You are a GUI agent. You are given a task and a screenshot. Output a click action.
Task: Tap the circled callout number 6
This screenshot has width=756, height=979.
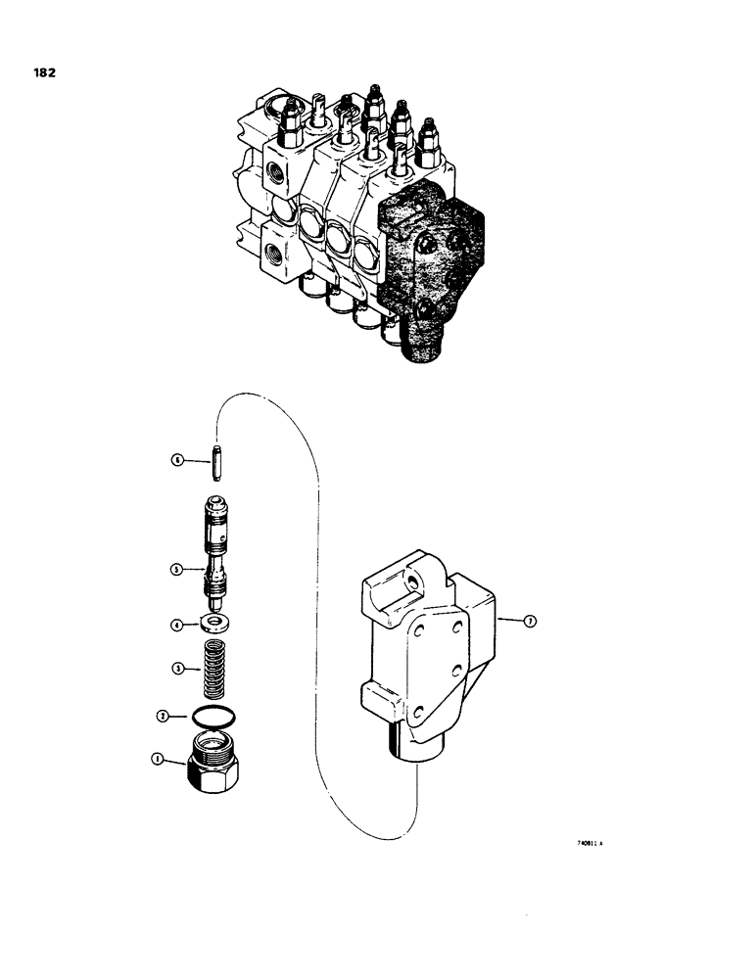[176, 459]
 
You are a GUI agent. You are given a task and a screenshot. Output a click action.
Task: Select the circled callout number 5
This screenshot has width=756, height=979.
[176, 568]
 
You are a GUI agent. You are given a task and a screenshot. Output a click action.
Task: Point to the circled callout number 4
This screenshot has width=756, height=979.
[176, 624]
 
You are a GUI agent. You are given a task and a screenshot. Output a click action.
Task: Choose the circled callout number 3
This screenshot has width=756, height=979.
[176, 669]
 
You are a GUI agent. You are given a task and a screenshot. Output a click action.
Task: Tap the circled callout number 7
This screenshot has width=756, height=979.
[528, 621]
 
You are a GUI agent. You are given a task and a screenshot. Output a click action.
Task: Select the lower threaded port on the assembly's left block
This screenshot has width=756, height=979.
[269, 260]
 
